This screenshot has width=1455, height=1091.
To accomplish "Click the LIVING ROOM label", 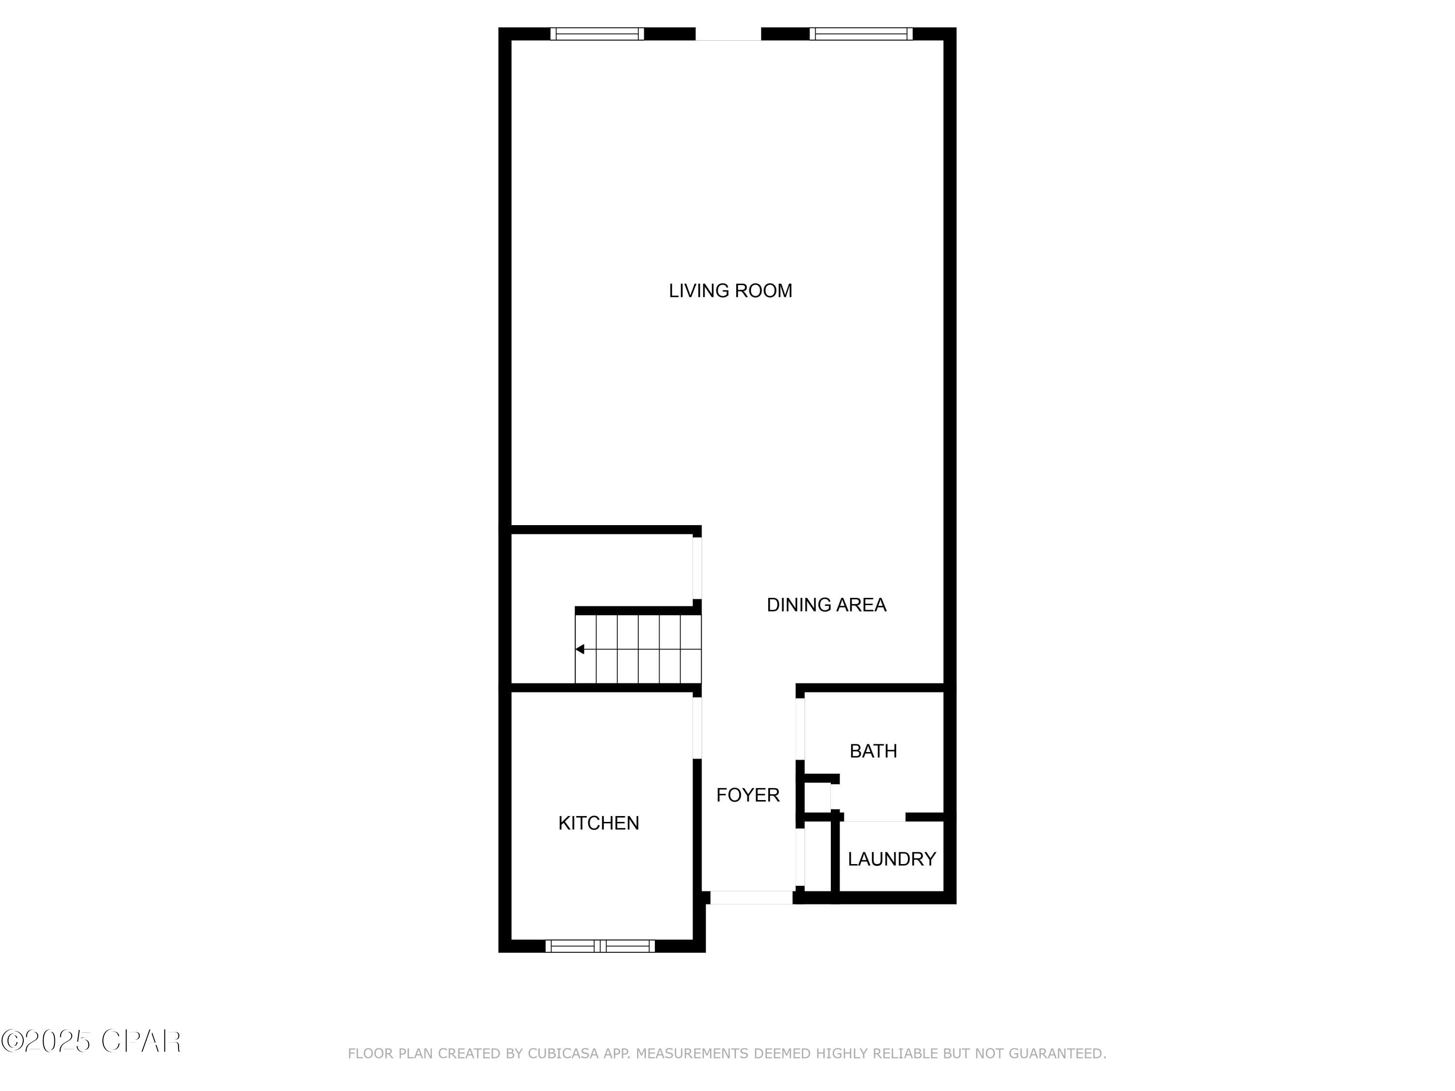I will (x=730, y=290).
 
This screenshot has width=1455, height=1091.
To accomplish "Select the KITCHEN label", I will (x=598, y=823).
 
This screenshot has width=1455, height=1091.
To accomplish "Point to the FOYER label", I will (x=748, y=795).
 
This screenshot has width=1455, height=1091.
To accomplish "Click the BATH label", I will (x=873, y=751).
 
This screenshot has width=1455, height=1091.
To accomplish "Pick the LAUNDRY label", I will (x=891, y=859).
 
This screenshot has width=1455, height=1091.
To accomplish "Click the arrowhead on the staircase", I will (x=580, y=649).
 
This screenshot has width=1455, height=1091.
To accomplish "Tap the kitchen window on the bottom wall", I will (x=600, y=946).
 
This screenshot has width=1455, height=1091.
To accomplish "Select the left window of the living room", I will (x=597, y=33).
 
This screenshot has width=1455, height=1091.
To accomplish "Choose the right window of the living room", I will (x=861, y=33).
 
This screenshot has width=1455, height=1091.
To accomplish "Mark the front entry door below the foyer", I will (x=751, y=897).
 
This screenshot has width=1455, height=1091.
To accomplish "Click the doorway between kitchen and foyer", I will (x=697, y=728).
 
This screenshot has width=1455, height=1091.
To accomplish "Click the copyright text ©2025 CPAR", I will (x=91, y=1041).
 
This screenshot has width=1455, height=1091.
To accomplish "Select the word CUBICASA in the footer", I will (x=563, y=1054).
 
